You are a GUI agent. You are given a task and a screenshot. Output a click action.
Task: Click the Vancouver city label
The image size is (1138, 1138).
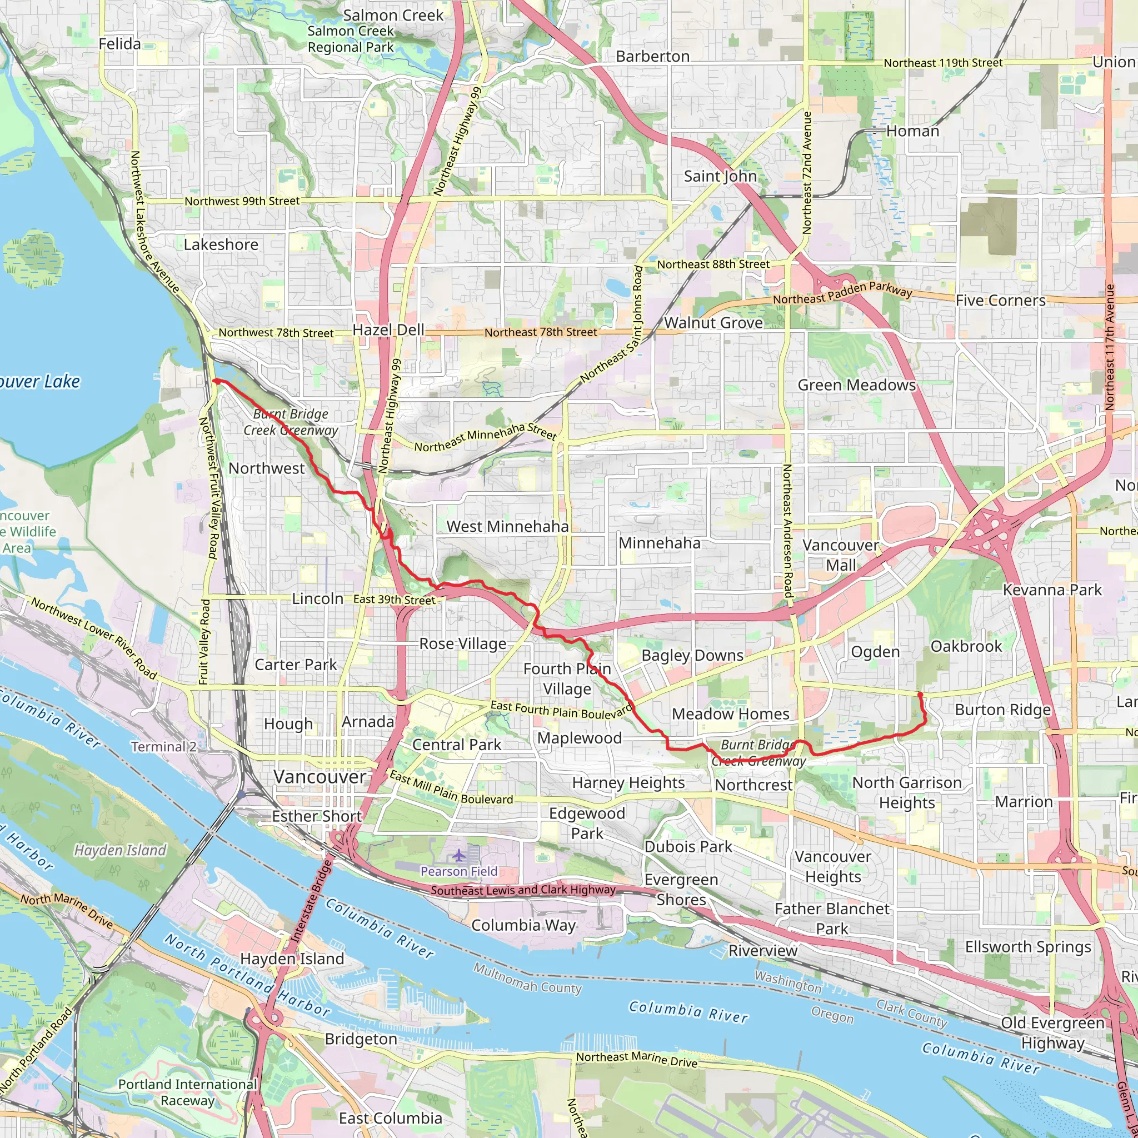click(320, 777)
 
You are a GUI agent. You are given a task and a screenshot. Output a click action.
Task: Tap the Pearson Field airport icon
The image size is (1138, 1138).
click(459, 854)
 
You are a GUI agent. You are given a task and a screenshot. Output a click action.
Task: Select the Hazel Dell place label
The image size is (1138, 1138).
click(388, 330)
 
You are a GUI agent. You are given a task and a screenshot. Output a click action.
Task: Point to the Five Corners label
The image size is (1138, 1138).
click(1000, 301)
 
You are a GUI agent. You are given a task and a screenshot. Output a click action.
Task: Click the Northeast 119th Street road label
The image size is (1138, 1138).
click(942, 63)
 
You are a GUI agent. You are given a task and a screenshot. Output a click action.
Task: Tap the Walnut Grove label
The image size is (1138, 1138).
click(713, 323)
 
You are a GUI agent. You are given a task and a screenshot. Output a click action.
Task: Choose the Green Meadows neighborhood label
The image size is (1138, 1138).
click(856, 385)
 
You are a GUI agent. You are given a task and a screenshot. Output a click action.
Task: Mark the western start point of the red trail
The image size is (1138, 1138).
click(216, 382)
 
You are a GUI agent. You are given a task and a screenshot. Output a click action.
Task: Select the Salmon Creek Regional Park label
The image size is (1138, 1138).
click(351, 39)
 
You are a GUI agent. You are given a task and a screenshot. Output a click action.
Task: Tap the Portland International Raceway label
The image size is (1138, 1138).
click(187, 1092)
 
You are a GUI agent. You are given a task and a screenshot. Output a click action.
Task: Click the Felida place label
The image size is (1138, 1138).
click(119, 44)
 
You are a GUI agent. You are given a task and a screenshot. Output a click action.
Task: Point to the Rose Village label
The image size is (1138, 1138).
click(462, 644)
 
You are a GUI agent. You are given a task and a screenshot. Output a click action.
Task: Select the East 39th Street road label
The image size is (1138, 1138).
click(394, 600)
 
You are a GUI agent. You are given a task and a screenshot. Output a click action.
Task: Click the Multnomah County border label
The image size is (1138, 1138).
click(527, 979)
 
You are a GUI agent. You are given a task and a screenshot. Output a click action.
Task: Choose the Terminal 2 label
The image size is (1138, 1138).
click(163, 747)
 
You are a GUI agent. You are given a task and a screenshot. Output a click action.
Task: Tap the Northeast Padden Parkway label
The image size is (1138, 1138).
click(842, 293)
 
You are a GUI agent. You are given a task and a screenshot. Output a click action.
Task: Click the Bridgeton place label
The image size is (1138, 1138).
click(361, 1039)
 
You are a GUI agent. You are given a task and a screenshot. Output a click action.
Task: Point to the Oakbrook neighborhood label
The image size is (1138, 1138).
click(966, 646)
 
